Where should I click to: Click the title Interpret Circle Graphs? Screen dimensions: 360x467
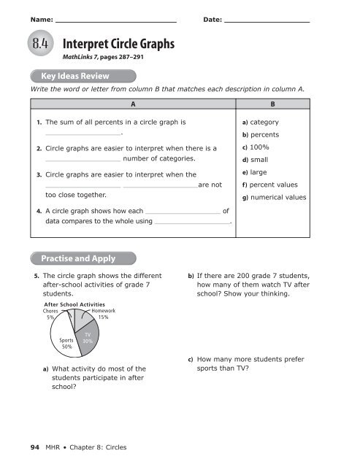(119, 45)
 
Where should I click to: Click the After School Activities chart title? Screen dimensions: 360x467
(74, 304)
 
